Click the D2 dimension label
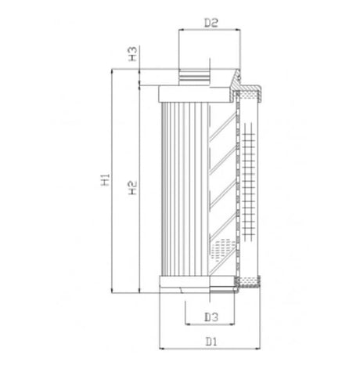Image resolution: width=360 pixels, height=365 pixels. click(210, 23)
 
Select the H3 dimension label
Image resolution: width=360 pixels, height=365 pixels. click(133, 54)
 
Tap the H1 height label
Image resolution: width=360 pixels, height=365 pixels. click(106, 180)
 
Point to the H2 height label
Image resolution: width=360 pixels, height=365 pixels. click(133, 187)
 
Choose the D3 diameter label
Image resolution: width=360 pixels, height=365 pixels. click(210, 316)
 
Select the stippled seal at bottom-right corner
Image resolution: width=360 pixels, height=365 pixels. click(249, 284)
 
